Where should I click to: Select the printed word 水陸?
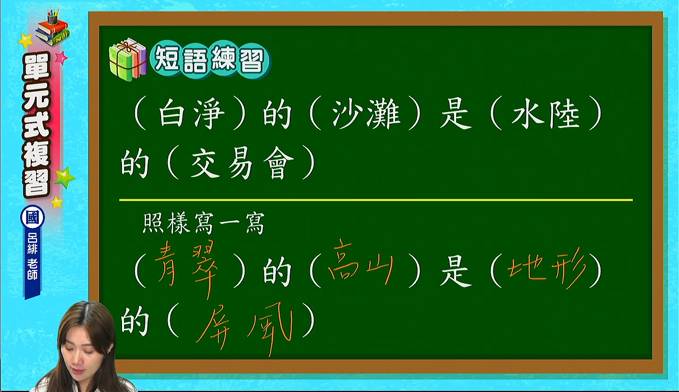point(545,113)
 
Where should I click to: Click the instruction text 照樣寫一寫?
point(203,223)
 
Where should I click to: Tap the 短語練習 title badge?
point(210,59)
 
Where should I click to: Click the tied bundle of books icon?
point(127,59)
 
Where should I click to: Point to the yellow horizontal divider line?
point(376,200)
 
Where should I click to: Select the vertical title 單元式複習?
point(37,124)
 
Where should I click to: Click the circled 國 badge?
point(32,218)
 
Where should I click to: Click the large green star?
point(64,178)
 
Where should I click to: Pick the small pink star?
point(62,57)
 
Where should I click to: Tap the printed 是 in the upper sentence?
point(456,113)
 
